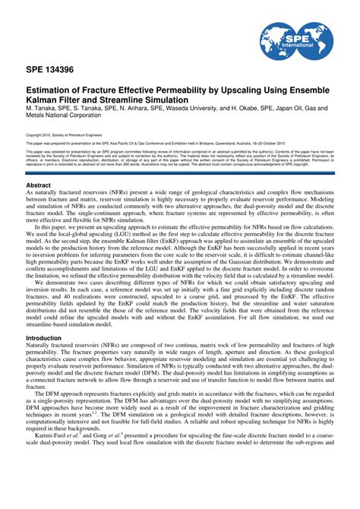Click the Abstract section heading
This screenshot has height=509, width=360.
point(39,185)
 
